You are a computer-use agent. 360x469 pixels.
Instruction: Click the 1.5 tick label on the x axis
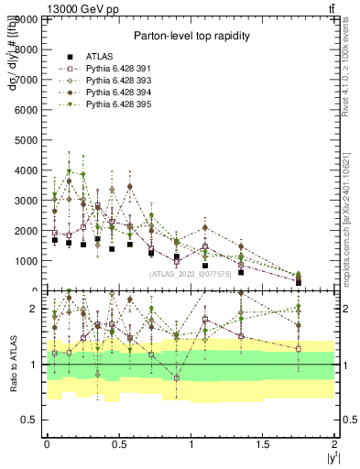pos(263,443)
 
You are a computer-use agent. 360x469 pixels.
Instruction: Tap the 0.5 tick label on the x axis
pos(118,443)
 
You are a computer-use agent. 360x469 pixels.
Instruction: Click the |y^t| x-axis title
pos(329,457)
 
